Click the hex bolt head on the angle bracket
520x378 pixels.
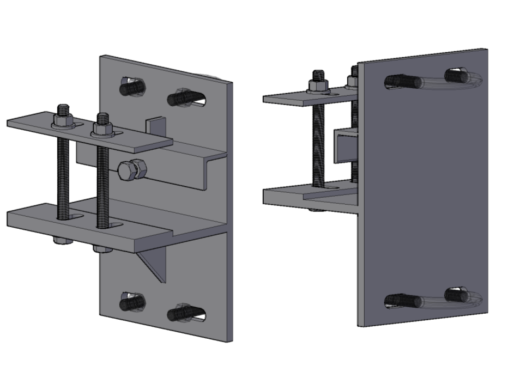(x=132, y=170)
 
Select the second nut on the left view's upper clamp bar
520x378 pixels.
(x=102, y=128)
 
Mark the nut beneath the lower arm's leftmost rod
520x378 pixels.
(x=63, y=240)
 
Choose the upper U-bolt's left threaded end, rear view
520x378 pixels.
(x=403, y=82)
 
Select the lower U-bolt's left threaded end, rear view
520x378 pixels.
(x=403, y=300)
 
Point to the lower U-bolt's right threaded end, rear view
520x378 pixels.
(x=456, y=295)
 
